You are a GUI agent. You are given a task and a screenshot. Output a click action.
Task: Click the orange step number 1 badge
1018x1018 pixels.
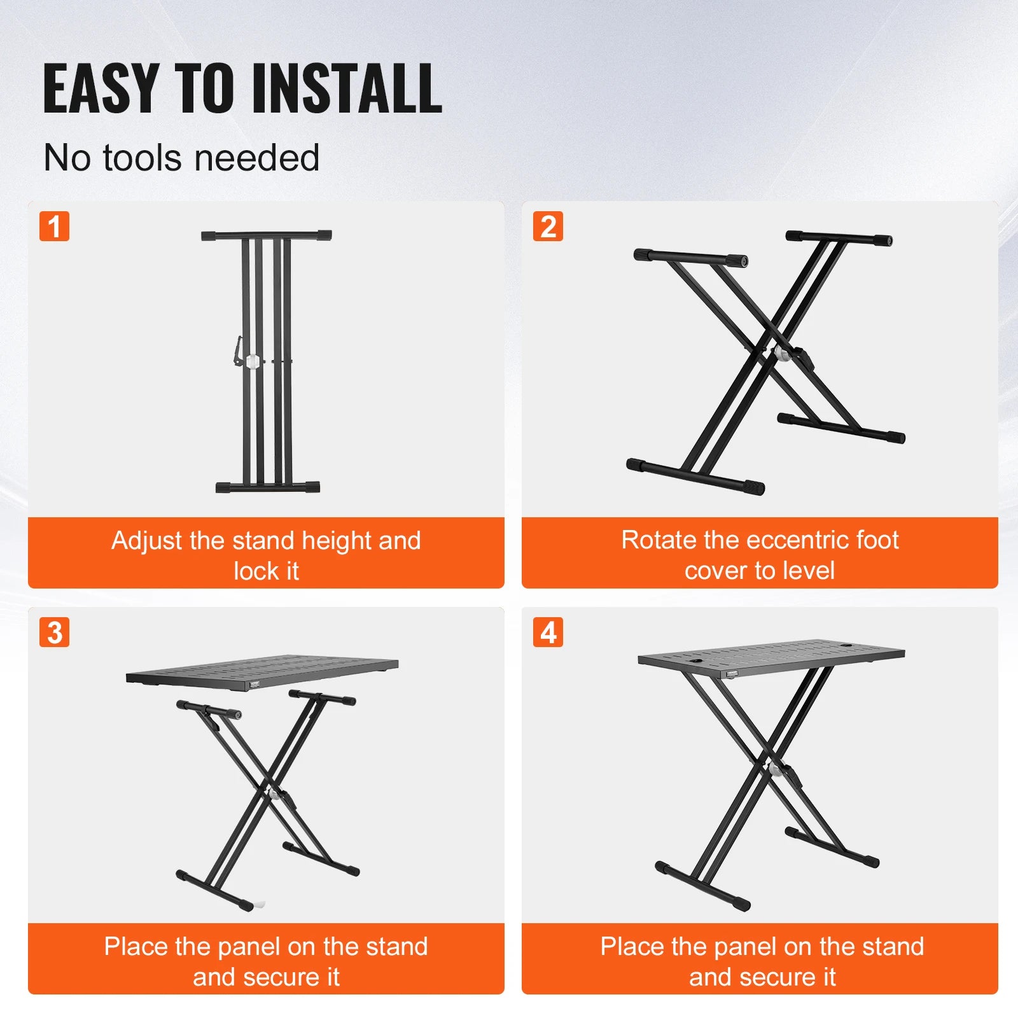[x=54, y=227]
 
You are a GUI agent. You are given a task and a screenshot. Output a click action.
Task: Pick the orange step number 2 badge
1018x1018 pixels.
[x=548, y=227]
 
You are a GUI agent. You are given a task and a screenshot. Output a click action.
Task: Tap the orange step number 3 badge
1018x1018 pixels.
[x=54, y=632]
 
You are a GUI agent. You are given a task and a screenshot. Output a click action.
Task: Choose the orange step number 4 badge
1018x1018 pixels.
[x=548, y=632]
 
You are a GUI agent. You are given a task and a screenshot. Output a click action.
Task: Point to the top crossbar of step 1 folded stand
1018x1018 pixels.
[x=266, y=235]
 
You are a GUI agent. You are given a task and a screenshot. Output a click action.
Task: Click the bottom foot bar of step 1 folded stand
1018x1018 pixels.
[x=267, y=487]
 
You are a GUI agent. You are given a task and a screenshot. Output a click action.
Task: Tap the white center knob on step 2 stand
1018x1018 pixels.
[x=779, y=354]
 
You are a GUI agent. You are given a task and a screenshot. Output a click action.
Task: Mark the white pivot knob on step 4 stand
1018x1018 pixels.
[x=776, y=769]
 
